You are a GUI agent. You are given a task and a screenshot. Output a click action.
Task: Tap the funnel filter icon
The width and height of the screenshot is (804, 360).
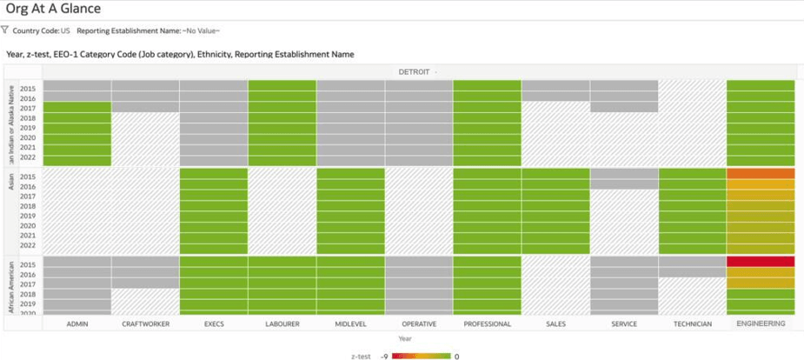(5, 30)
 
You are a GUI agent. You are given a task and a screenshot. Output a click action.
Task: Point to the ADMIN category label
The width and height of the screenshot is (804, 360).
(76, 323)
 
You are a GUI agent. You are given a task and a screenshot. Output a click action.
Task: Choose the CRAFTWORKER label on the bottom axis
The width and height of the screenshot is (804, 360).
(145, 323)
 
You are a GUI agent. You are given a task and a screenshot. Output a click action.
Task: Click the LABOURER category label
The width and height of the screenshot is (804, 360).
(282, 323)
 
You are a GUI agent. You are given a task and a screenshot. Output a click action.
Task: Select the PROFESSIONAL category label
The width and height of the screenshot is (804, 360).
(487, 323)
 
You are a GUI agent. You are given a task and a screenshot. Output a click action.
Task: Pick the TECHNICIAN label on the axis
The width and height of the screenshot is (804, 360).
(692, 323)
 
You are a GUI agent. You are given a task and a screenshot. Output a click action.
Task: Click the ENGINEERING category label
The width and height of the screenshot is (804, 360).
(761, 323)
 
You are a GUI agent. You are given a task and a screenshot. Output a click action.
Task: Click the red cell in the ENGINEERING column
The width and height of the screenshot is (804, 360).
(761, 262)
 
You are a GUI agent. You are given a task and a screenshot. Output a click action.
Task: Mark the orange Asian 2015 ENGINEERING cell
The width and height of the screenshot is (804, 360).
(761, 173)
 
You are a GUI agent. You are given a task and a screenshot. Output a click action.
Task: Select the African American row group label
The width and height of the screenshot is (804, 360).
(10, 286)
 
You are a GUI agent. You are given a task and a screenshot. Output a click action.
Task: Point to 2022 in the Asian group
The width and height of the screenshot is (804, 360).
(29, 246)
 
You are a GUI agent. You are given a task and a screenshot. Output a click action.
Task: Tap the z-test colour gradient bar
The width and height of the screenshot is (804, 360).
(421, 355)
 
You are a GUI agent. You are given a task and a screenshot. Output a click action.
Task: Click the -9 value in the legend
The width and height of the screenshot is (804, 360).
(383, 355)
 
